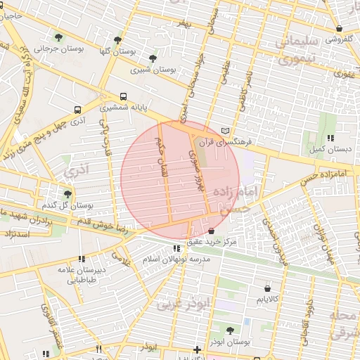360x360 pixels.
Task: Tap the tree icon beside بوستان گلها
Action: point(117,39)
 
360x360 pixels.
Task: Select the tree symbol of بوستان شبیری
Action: point(153,58)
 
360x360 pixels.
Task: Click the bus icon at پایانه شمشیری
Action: point(124,96)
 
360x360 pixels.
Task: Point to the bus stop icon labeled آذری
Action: point(77,110)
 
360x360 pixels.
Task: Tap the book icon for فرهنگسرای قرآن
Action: point(225,131)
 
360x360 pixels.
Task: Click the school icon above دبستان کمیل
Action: point(329,137)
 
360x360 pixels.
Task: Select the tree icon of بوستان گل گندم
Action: point(67,193)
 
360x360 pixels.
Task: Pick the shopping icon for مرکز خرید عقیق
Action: point(212,231)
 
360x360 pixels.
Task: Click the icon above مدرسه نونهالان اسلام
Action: point(176,247)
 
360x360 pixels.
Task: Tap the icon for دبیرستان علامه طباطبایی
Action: point(82,259)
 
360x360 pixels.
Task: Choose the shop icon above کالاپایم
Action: point(267,288)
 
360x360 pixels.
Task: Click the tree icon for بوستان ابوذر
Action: point(230,330)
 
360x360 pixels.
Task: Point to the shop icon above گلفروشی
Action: point(340,29)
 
